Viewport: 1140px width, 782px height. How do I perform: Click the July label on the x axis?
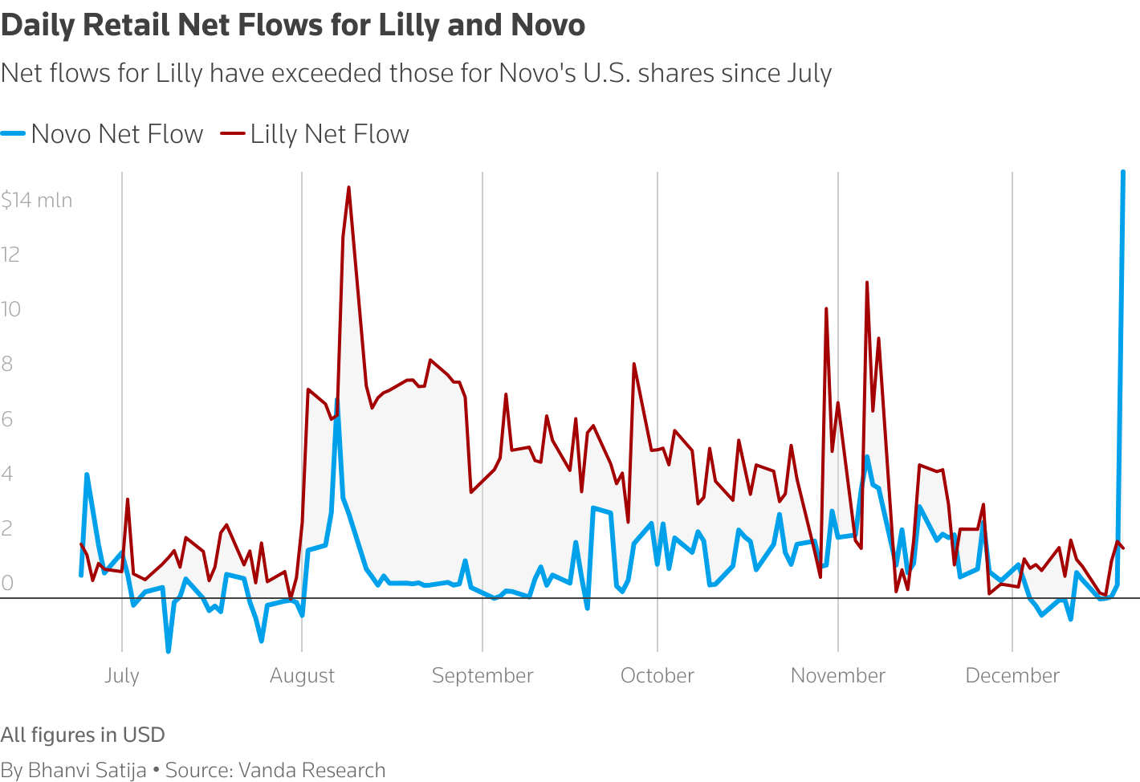(x=122, y=675)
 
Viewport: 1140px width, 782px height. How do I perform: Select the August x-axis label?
(x=302, y=675)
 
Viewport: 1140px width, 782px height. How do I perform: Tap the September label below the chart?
(x=482, y=675)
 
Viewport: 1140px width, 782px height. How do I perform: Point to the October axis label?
(x=657, y=675)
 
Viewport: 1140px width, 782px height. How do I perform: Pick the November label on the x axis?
(x=837, y=675)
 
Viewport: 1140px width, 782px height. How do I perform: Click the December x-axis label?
(x=1012, y=675)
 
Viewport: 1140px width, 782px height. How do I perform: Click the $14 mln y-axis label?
(x=37, y=200)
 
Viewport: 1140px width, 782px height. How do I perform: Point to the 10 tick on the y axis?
(x=10, y=309)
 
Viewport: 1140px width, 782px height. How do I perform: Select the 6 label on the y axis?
(x=7, y=418)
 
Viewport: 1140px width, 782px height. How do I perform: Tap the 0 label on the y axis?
(x=7, y=583)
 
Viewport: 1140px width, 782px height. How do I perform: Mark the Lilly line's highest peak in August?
(x=348, y=188)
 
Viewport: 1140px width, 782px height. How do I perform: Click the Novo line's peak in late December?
(x=1122, y=173)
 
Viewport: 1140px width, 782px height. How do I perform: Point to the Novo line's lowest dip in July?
(x=168, y=651)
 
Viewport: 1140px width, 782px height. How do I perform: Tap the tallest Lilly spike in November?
(x=867, y=283)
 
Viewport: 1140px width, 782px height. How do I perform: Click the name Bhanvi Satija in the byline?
(x=88, y=770)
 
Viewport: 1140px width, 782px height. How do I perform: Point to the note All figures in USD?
(x=83, y=735)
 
